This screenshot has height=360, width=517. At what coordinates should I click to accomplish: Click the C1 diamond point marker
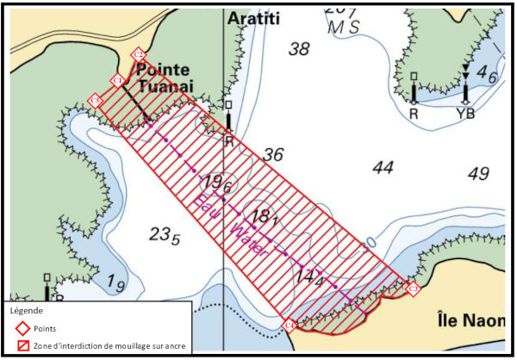(118, 81)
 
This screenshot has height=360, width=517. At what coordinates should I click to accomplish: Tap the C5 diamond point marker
(97, 101)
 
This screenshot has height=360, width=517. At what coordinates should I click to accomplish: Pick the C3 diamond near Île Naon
(413, 288)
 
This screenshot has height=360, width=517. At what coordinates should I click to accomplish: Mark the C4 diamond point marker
(290, 326)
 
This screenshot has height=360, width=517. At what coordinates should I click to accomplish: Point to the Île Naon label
(470, 319)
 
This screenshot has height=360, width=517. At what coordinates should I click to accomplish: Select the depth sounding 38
(298, 49)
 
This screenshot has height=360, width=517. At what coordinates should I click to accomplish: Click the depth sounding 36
(273, 155)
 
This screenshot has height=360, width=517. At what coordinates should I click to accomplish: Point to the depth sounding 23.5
(165, 234)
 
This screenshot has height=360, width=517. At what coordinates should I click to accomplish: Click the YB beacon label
(465, 112)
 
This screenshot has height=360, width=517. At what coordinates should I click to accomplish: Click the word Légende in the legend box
(30, 309)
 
